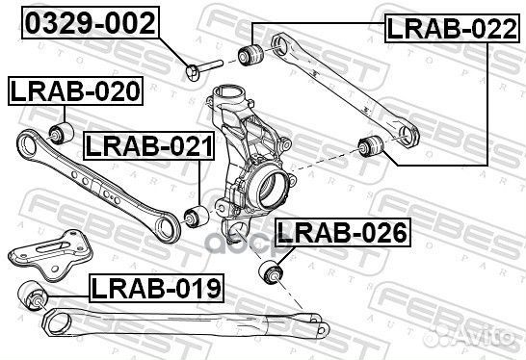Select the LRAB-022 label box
[x=444, y=29]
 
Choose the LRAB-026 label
[x=341, y=232]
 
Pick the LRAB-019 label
[x=156, y=286]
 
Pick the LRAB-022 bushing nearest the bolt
[x=253, y=52]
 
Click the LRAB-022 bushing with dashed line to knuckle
[x=370, y=147]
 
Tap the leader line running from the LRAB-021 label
[x=199, y=183]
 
